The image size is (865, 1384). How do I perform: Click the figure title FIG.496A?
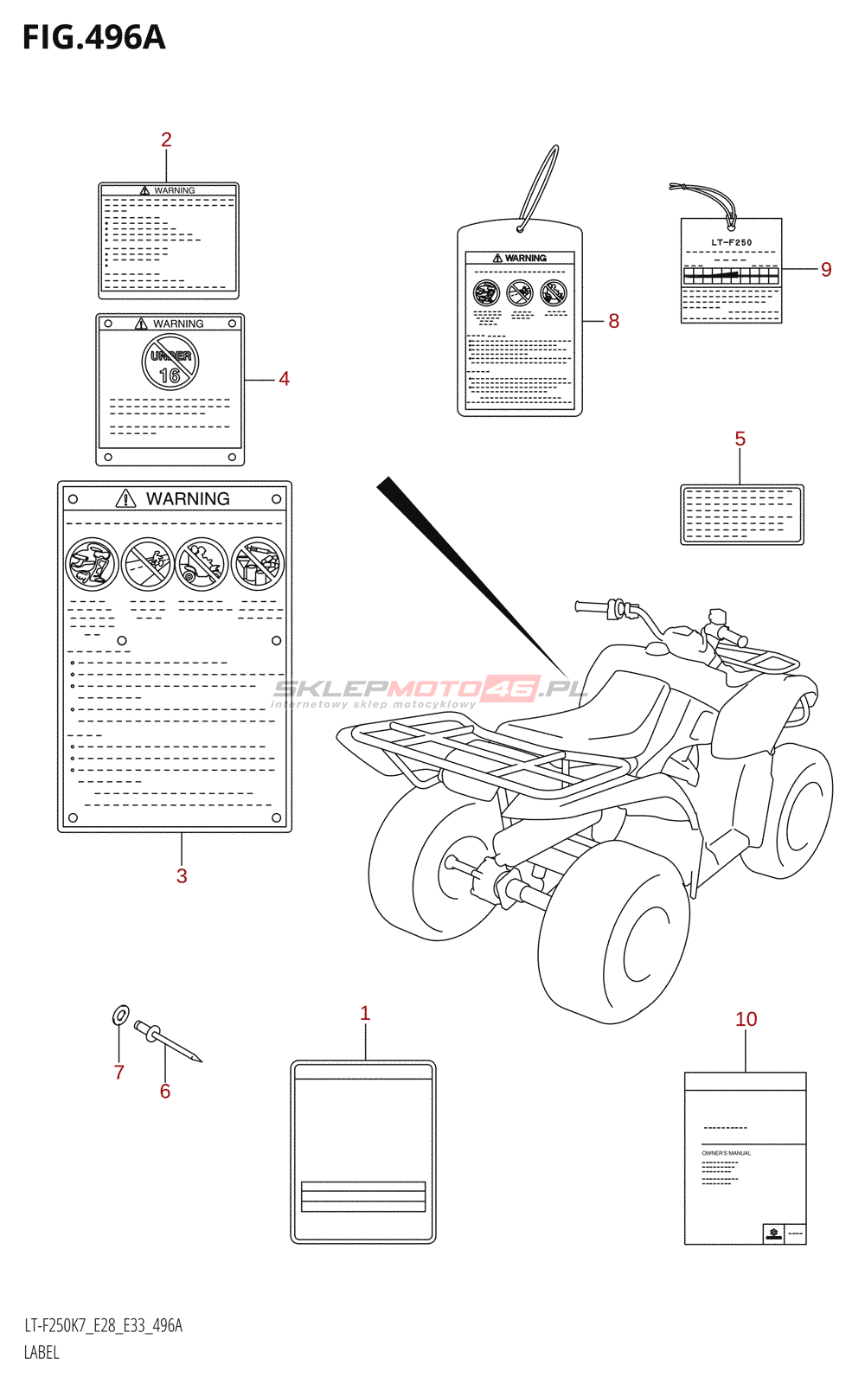click(93, 38)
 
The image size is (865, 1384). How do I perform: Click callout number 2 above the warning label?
click(166, 139)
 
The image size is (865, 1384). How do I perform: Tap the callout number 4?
click(284, 379)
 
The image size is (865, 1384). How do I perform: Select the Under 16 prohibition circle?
click(170, 362)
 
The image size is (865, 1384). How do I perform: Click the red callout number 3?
click(182, 876)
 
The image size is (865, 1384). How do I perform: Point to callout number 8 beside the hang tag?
click(613, 321)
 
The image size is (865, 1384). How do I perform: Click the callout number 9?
click(826, 270)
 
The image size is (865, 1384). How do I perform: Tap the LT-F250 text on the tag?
click(731, 242)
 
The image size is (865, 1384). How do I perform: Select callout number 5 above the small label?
click(740, 439)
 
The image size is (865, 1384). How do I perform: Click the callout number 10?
click(746, 1020)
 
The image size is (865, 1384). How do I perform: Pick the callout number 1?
click(365, 1014)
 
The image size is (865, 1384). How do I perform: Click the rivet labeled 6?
click(168, 1041)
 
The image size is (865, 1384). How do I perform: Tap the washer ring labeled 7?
click(122, 1015)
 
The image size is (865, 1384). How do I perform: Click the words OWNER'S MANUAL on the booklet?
click(726, 1153)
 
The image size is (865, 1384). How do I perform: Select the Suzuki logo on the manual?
click(772, 1233)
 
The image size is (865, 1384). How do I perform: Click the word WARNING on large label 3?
click(188, 499)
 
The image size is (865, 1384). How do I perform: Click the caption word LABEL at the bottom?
click(42, 1353)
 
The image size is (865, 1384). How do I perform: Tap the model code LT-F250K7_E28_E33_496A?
click(103, 1326)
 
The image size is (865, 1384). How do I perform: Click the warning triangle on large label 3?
click(126, 498)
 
